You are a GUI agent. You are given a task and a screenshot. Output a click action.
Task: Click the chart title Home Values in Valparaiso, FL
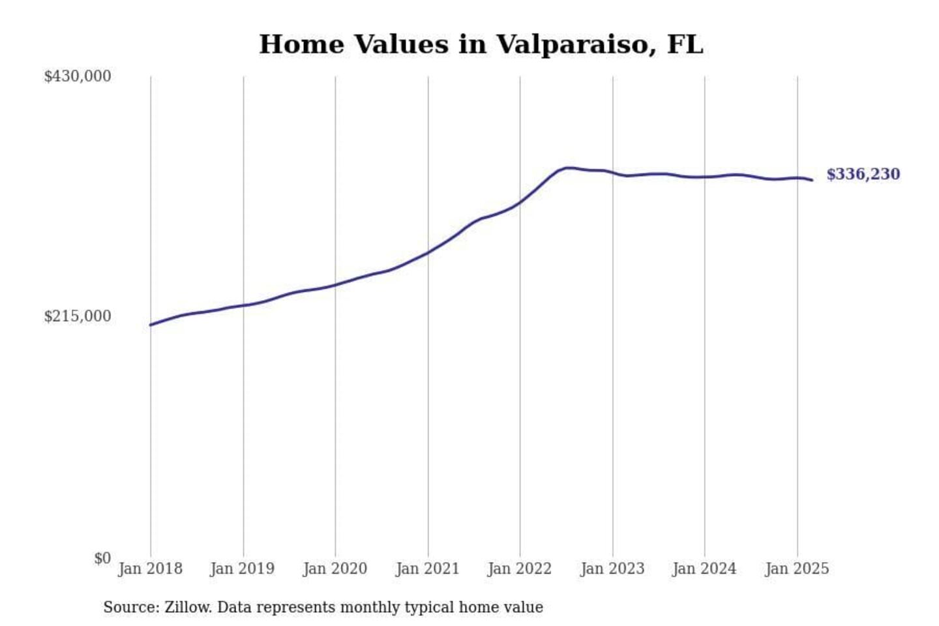coord(481,44)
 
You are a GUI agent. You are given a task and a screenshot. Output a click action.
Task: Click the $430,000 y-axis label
coord(77,76)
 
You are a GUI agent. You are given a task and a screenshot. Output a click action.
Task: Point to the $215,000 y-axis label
coord(77,316)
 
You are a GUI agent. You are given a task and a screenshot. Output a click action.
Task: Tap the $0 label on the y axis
coord(102,558)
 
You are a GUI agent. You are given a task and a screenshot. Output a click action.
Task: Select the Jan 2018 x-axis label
coord(150,569)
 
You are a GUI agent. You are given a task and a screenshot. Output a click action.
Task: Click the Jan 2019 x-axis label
coord(243,569)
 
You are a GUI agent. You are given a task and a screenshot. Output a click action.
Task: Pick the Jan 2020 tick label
coord(335,569)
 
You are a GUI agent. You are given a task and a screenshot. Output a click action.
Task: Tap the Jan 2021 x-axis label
coord(428,569)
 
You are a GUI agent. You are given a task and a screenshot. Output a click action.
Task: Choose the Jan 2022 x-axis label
coord(520,569)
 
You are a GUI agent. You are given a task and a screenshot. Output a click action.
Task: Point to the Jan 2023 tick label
coord(612,569)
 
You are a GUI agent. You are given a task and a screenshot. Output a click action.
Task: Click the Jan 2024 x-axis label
coord(704,569)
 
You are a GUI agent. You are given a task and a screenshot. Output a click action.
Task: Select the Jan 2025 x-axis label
coord(797,569)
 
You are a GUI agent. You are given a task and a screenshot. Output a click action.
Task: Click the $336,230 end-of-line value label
coord(863,174)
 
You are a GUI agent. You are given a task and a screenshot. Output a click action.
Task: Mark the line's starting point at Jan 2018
coord(151,325)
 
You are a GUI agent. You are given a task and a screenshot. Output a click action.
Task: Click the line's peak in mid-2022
coord(569,168)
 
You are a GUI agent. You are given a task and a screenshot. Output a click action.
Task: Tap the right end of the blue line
coord(812,180)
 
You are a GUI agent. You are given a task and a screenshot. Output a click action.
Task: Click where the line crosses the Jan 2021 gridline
coord(428,252)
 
